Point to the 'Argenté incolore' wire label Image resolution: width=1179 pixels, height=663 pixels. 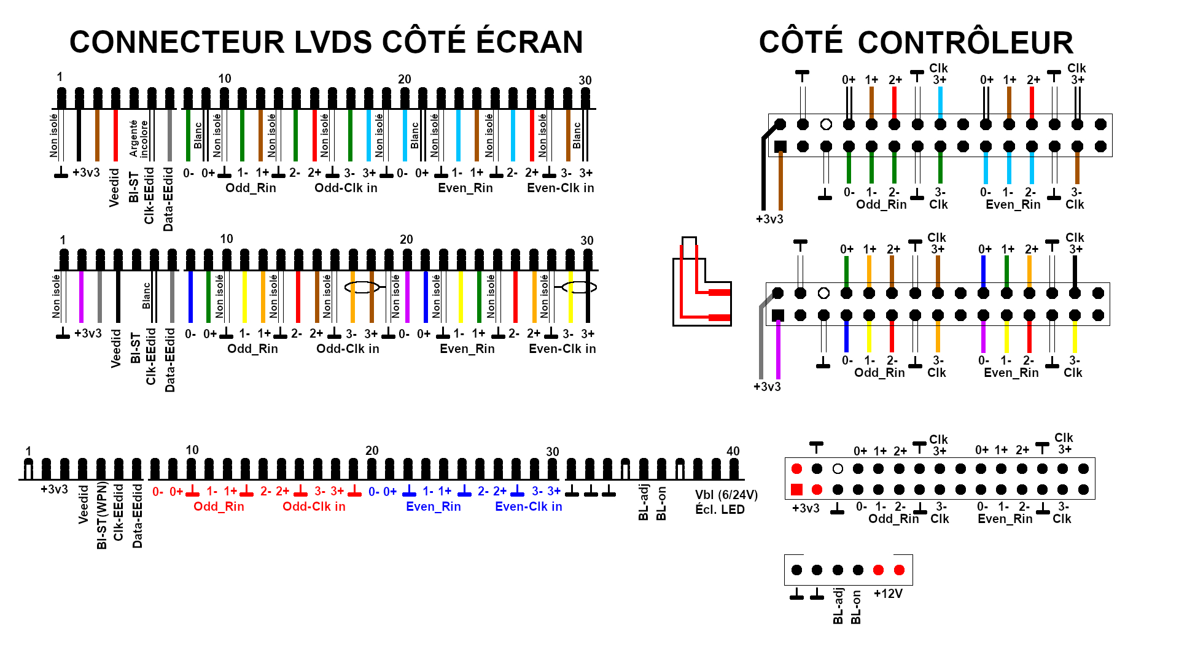coord(138,138)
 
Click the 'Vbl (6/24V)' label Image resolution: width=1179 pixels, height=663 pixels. coord(726,495)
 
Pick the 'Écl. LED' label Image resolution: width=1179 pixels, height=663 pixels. coord(720,510)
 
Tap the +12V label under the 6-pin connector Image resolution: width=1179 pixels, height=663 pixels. coord(888,594)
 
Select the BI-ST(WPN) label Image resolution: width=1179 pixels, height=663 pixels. coord(102,516)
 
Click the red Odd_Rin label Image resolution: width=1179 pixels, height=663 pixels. coord(219,506)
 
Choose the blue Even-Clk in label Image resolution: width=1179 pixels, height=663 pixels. coord(528,506)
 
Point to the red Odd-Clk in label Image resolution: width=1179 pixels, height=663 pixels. coord(314,506)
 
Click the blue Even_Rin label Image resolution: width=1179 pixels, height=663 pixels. coord(433,506)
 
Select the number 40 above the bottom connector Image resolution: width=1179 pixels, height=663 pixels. coord(733,451)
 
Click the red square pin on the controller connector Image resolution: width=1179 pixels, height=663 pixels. coord(796,489)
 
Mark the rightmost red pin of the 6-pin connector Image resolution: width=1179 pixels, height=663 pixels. coord(899,570)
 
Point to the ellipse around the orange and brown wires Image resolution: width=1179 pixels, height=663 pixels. coord(362,287)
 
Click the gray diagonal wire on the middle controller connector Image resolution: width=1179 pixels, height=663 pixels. coord(762,338)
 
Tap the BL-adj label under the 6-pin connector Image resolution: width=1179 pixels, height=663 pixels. coord(838,606)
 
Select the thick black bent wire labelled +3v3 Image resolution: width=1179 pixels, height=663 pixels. coord(764,172)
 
